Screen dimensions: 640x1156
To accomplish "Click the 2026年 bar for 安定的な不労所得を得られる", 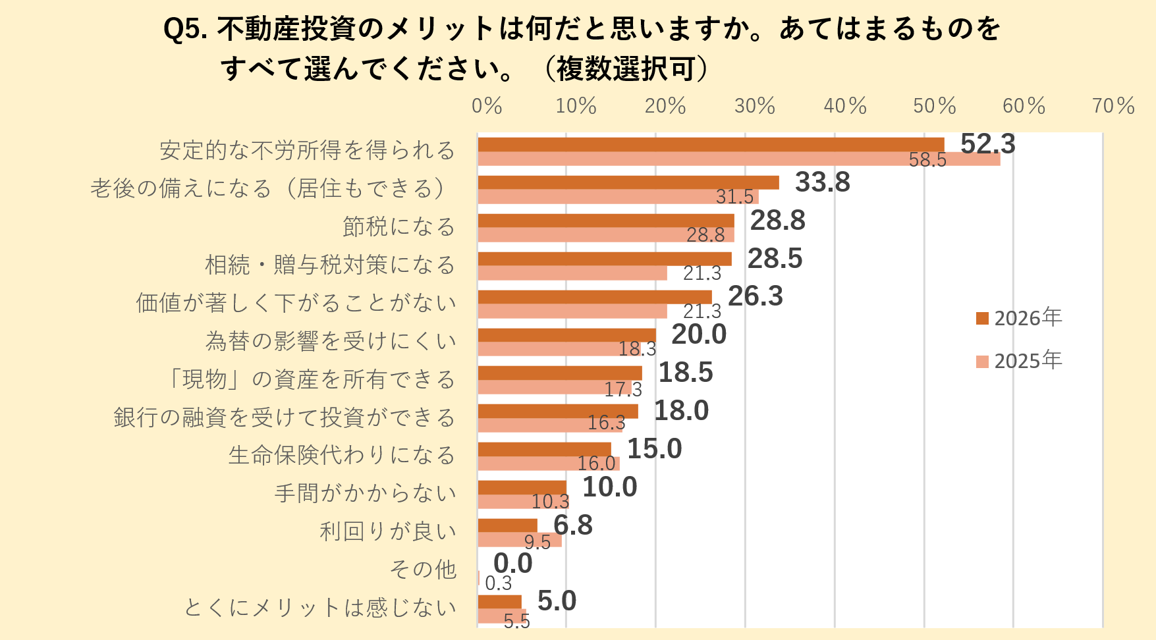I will click(710, 144).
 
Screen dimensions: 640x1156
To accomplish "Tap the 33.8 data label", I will click(822, 182).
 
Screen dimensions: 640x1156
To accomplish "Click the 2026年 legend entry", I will click(1019, 318).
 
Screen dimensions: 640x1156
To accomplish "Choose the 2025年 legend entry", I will click(1019, 361).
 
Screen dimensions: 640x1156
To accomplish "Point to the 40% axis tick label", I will click(845, 106).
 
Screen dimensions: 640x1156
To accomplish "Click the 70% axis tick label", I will click(1113, 106).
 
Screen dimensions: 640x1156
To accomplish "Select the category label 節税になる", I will click(399, 227).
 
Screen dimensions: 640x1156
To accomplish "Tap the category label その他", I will click(423, 569).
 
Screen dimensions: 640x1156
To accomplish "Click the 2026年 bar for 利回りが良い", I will click(507, 525).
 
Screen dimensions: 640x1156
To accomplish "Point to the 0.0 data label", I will click(512, 564).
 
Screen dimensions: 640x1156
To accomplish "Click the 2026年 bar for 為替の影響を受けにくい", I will click(566, 335).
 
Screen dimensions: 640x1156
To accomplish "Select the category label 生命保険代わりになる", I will click(342, 455).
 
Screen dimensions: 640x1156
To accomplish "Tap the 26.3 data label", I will click(755, 296).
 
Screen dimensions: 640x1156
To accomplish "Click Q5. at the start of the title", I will click(186, 29).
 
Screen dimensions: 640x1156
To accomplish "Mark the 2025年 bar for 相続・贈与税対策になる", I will click(572, 273).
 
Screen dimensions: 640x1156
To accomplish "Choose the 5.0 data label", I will click(557, 601).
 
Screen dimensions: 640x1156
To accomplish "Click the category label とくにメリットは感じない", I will click(320, 607).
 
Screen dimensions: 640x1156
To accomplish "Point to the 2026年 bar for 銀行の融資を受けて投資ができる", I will click(557, 412).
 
